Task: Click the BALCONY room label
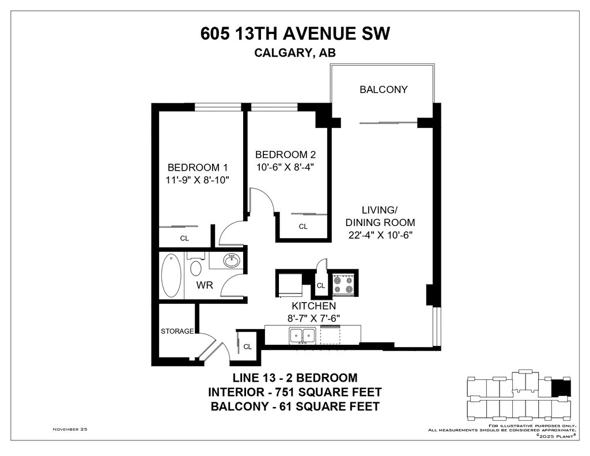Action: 383,89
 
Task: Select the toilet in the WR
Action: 196,266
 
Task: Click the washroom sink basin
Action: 231,261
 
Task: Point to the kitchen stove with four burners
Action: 343,285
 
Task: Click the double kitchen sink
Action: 302,336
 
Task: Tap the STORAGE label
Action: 177,331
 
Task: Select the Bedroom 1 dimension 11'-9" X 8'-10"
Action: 198,180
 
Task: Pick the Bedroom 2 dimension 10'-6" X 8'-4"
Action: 285,167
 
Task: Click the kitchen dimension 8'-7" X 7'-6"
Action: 314,318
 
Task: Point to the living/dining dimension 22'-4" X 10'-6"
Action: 380,235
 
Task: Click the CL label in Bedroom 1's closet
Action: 184,238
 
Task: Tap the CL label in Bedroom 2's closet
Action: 303,227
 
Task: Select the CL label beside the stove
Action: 320,286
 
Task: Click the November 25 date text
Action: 70,429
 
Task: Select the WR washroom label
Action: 205,285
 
